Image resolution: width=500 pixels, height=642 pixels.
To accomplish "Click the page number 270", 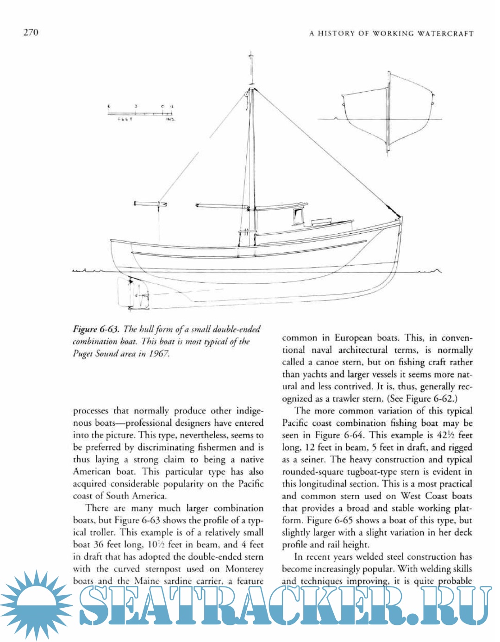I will coord(31,32).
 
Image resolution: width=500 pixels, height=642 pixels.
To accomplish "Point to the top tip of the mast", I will coord(251,52).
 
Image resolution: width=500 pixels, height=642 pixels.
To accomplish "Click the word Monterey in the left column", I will coord(244,569).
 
